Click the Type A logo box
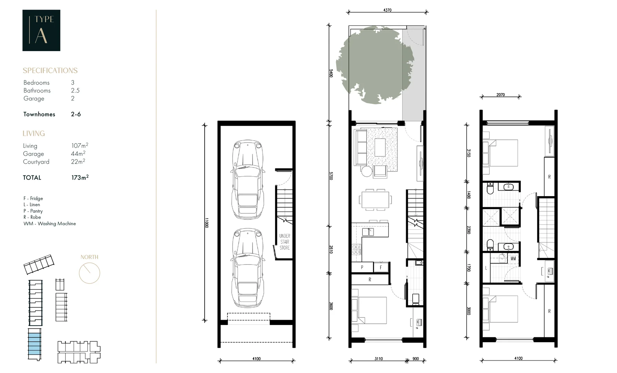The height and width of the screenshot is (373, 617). [x=41, y=30]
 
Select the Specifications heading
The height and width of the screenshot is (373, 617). [x=50, y=70]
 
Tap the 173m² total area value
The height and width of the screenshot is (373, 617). [x=80, y=178]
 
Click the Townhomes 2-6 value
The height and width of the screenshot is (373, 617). [x=76, y=114]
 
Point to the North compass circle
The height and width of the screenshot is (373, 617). [x=89, y=273]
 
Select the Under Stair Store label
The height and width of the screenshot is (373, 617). [x=285, y=242]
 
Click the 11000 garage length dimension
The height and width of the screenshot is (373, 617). [x=206, y=222]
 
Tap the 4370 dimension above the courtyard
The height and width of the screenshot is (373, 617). [x=387, y=10]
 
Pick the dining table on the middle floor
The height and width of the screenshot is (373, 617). [x=375, y=200]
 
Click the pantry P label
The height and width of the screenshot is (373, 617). [x=362, y=267]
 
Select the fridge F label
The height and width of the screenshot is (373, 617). [x=381, y=267]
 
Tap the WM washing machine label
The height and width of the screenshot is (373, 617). [x=513, y=258]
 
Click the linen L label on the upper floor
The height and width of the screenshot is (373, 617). [x=486, y=268]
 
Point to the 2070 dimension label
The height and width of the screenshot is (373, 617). [x=500, y=95]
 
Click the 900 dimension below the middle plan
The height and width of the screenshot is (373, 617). [x=415, y=359]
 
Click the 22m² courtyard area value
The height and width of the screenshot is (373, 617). [x=78, y=162]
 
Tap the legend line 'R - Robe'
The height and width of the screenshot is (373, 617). [x=32, y=217]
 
